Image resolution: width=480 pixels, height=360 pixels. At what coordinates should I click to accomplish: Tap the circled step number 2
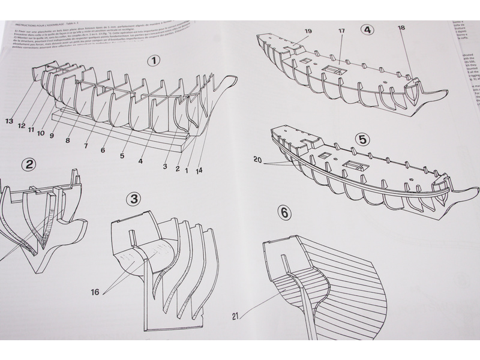28,165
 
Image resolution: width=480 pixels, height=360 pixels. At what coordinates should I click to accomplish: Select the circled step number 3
134,198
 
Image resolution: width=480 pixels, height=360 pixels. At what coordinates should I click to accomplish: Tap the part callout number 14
199,170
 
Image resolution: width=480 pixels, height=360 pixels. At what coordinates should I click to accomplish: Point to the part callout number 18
401,27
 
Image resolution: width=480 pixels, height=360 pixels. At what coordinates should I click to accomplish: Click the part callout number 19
308,31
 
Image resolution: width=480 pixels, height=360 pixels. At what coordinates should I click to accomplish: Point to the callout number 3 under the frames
165,166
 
